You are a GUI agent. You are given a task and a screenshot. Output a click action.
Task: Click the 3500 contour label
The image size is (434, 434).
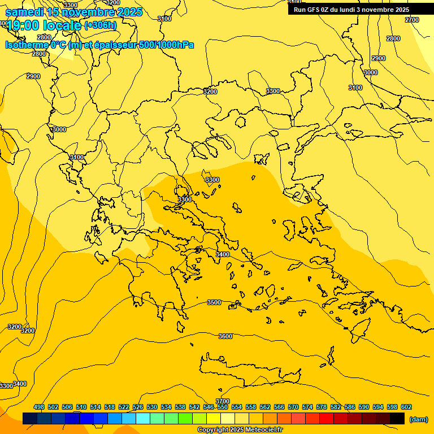point(214,303)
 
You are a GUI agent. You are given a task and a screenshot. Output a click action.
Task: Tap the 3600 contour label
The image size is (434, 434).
point(225,337)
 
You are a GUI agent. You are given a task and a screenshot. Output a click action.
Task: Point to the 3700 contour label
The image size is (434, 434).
point(223,401)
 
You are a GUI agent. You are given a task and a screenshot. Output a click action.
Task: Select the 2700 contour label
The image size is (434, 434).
point(412,20)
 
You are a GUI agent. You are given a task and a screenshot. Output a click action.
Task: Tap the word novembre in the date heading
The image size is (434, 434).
point(88,12)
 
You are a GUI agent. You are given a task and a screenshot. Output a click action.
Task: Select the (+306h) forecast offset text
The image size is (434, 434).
point(101,25)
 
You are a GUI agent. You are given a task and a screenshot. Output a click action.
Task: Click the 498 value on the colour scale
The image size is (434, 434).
point(39,407)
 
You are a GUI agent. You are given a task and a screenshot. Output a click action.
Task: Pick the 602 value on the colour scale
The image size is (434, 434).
point(406,407)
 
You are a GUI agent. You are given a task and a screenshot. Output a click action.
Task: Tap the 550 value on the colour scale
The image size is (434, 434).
point(223,407)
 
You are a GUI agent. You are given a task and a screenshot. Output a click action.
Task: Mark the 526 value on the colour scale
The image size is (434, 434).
point(138,407)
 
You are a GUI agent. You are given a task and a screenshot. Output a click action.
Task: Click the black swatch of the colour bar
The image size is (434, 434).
point(397,418)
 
